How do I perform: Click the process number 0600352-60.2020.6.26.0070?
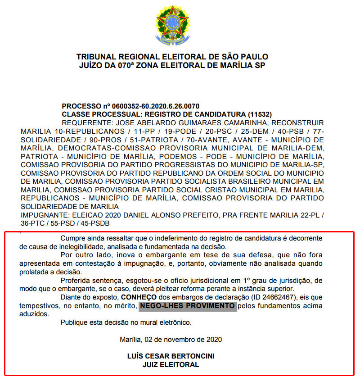pos(153,106)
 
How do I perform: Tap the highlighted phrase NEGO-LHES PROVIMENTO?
pos(187,306)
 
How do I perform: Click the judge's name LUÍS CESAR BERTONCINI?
pos(171,356)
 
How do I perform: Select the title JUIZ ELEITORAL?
pos(171,365)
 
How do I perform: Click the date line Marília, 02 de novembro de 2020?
pos(171,339)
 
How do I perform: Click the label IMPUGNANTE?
pos(42,215)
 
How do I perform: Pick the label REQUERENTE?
pos(87,123)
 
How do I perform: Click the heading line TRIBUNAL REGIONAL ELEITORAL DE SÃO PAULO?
pos(172,57)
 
